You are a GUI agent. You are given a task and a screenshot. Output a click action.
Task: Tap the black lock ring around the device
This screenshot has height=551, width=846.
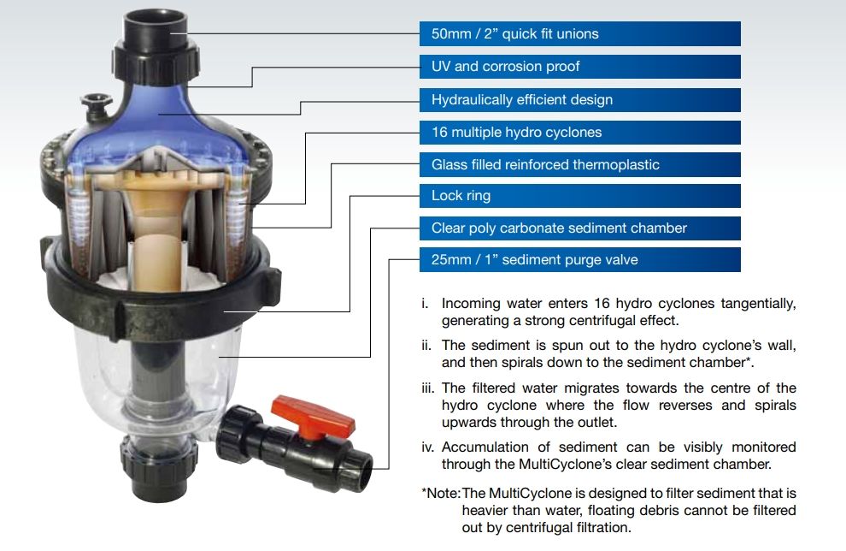[x=161, y=303]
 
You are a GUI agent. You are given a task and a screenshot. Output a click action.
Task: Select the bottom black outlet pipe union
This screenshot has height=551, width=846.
[x=160, y=465]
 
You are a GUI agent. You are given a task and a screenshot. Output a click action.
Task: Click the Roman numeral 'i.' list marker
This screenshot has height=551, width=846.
[x=426, y=304]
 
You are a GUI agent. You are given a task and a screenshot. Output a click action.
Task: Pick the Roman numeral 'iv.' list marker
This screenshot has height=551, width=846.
[x=429, y=447]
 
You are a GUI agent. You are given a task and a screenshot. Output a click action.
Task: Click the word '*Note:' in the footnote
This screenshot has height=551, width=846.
[x=441, y=494]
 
